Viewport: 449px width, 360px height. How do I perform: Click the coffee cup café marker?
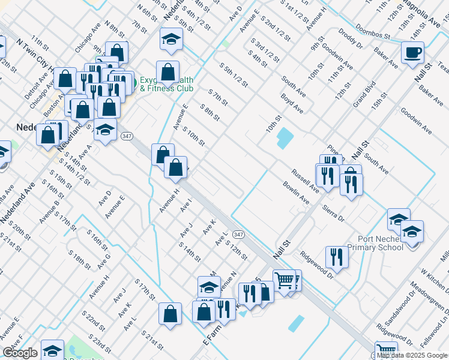click(x=412, y=52)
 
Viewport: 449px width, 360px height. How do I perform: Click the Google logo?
click(x=20, y=353)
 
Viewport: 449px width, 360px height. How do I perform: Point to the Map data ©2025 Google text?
click(x=412, y=355)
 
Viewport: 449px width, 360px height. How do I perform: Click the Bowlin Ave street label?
click(x=296, y=193)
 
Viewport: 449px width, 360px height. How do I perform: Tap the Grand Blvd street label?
click(x=364, y=94)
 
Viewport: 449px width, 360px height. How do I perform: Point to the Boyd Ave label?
click(x=292, y=103)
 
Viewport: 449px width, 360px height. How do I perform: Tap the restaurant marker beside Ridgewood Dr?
click(x=337, y=257)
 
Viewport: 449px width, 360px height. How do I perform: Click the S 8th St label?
click(x=211, y=112)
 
